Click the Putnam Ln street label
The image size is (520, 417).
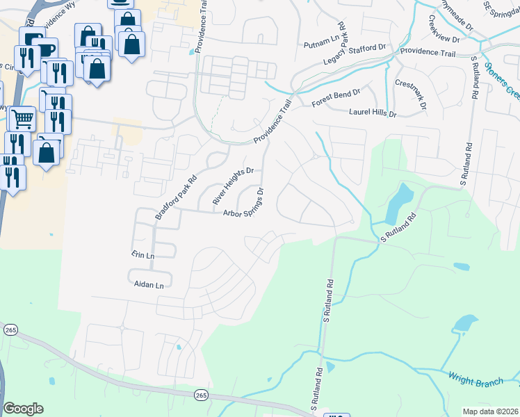(x=321, y=45)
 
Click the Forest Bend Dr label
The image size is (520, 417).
(x=336, y=97)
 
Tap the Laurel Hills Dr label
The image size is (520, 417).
(x=372, y=113)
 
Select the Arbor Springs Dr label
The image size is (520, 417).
(x=244, y=202)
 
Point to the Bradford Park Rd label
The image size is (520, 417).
(x=172, y=197)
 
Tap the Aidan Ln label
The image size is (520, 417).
(x=149, y=285)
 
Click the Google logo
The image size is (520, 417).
(x=23, y=409)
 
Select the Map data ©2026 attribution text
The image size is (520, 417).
(x=489, y=411)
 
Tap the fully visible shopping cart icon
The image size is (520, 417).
(x=22, y=120)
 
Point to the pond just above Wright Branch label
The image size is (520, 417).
(x=464, y=323)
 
